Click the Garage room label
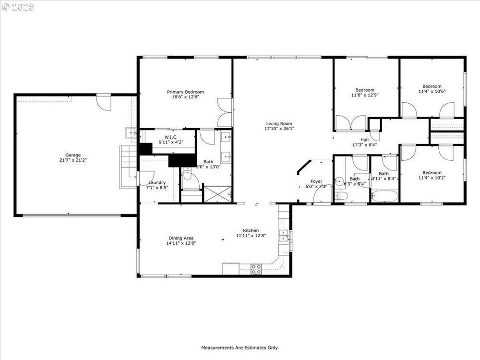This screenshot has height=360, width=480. [73, 155]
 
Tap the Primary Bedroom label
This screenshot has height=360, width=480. [185, 92]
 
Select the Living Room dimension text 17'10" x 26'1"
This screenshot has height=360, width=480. [279, 129]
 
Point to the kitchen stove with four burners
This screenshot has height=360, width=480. [256, 269]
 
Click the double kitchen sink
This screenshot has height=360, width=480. [284, 235]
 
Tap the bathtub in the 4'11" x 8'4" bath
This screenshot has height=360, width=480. [384, 196]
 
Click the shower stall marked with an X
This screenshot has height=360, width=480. [217, 194]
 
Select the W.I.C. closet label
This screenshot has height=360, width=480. [171, 137]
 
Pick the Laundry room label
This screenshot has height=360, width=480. [157, 182]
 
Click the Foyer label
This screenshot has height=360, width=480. [316, 181]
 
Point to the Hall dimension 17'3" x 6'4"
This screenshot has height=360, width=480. [364, 145]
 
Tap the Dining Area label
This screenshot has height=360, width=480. [181, 238]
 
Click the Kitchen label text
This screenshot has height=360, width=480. [251, 230]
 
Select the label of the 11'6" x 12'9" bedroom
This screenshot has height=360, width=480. [365, 90]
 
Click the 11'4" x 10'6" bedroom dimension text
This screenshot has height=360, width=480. [432, 91]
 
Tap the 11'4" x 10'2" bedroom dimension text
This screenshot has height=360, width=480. [432, 178]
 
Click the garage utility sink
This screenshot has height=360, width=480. [131, 133]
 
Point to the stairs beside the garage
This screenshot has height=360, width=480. [128, 167]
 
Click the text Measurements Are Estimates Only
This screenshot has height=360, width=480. [240, 348]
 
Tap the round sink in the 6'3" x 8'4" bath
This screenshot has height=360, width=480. [339, 181]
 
